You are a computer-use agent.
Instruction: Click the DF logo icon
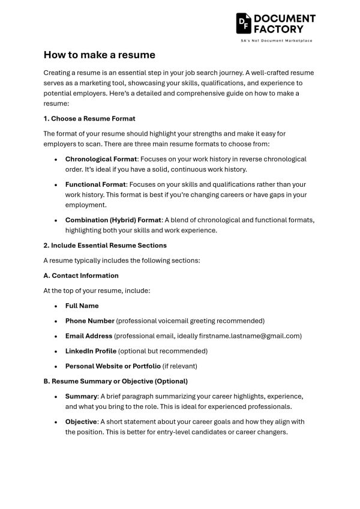[x=243, y=23]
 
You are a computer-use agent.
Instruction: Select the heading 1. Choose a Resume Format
[x=89, y=118]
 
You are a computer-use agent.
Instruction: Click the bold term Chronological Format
[x=101, y=159]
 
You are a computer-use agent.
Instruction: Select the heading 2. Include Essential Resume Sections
[x=105, y=245]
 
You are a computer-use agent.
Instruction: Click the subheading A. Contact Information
[x=81, y=276]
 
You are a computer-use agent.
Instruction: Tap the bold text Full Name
[x=82, y=306]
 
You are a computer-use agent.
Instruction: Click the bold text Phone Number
[x=89, y=321]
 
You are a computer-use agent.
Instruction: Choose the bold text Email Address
[x=89, y=336]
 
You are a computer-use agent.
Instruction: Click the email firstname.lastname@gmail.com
[x=251, y=336]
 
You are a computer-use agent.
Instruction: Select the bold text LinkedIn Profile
[x=91, y=351]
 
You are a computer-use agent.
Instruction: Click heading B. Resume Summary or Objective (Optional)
[x=115, y=381]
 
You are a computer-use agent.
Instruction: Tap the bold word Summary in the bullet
[x=81, y=396]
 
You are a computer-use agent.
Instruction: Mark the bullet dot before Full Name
[x=56, y=306]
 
